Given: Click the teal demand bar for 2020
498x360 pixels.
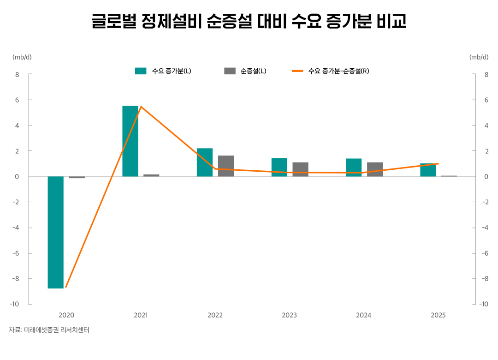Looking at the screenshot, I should pos(55,232).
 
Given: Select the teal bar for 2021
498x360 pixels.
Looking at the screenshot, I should pos(130,141).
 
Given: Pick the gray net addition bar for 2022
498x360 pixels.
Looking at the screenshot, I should pos(226,166).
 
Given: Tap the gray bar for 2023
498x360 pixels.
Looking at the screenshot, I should pos(300,169).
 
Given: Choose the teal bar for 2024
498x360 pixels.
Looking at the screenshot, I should pos(354,167).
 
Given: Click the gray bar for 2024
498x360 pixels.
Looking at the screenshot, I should pos(375,169).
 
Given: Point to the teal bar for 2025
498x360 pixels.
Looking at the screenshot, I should pos(428,170).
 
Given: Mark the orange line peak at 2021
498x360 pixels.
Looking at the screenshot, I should pos(141,107).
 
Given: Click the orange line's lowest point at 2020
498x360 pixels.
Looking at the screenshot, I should pos(66,287).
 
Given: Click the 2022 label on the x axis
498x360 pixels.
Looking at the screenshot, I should pos(215,315).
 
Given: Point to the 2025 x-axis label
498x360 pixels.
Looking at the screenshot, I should pos(438,315).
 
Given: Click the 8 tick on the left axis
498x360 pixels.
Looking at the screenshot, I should pos(17,74).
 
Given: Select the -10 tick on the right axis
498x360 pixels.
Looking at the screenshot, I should pos(483,304).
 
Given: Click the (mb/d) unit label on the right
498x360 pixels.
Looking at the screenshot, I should pos(479,57).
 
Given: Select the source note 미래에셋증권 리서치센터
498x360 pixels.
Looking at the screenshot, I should pos(56,330).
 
